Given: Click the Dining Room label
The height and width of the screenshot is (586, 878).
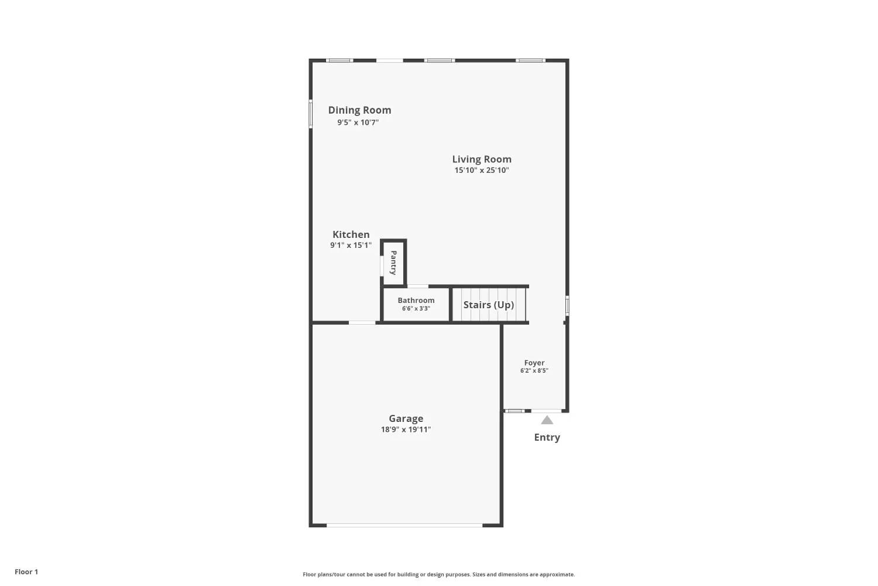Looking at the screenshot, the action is [x=359, y=110].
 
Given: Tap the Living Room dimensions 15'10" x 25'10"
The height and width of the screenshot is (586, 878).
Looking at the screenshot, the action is [x=482, y=170].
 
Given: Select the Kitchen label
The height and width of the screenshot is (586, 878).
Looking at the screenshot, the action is [x=351, y=234].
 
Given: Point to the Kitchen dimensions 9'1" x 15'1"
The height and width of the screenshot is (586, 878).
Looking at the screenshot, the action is [x=351, y=246].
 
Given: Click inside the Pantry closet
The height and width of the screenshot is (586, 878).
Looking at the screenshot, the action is [x=393, y=263].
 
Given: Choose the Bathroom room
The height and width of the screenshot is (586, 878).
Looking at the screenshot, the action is [x=416, y=305].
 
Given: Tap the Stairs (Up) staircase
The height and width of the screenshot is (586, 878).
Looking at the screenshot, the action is [x=489, y=305].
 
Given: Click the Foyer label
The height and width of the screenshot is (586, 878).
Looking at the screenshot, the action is [x=534, y=363].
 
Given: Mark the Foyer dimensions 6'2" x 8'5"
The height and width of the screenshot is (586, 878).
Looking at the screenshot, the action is [x=534, y=370].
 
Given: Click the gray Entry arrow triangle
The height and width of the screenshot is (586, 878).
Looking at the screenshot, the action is [x=547, y=420].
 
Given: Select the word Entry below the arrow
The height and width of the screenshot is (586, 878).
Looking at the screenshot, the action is [x=547, y=437].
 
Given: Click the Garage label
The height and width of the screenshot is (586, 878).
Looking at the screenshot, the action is [x=406, y=418].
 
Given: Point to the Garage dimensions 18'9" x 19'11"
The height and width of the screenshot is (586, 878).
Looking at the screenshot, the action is [x=406, y=430].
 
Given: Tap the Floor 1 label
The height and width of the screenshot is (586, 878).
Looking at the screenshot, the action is [x=26, y=572].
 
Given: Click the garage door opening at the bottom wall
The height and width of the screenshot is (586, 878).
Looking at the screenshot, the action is [x=404, y=525].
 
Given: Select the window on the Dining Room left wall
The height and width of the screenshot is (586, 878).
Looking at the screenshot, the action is [x=310, y=114].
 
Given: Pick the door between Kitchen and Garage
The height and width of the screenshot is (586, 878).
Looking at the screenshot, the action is [x=362, y=323].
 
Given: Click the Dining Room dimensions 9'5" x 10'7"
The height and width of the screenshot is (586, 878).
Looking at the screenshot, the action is [x=358, y=122].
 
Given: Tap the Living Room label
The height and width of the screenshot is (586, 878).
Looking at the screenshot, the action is [x=482, y=159].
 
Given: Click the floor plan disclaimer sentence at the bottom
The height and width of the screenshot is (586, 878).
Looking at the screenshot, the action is [x=438, y=574].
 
